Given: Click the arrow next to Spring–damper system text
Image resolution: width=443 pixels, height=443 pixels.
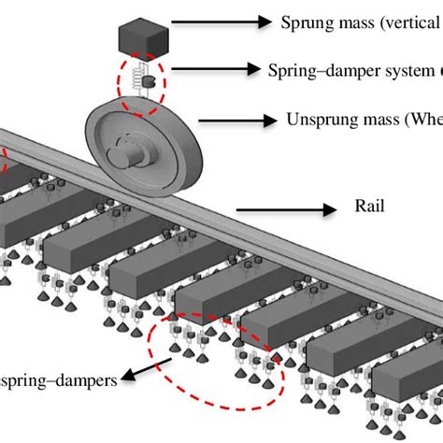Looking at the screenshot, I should click(x=211, y=68).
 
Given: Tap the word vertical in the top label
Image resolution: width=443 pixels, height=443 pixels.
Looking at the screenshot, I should click(x=407, y=21).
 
